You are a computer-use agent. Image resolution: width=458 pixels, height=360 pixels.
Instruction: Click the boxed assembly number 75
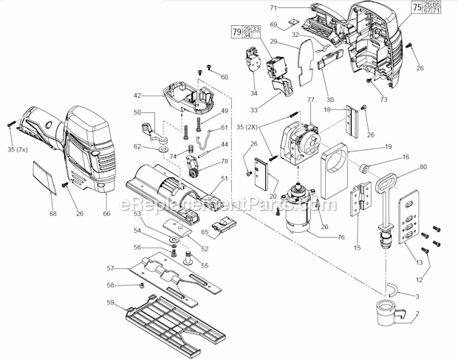click(x=417, y=8)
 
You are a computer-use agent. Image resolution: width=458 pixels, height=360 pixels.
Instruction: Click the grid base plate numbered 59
click(x=171, y=321)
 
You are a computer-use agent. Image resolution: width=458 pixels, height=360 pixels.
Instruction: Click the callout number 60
click(x=224, y=77)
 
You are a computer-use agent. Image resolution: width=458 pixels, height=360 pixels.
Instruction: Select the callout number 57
click(x=111, y=268)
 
